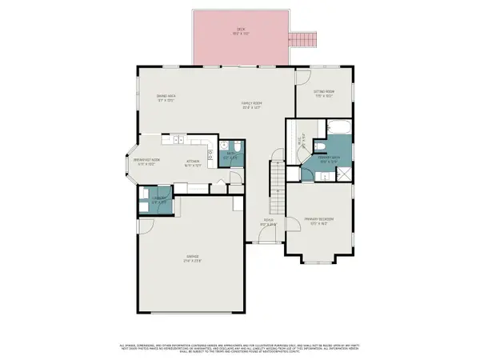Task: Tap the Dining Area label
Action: click(166, 99)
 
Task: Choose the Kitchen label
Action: click(193, 162)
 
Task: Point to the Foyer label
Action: click(270, 224)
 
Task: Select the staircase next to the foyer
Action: click(277, 184)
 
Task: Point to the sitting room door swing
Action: click(302, 78)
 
